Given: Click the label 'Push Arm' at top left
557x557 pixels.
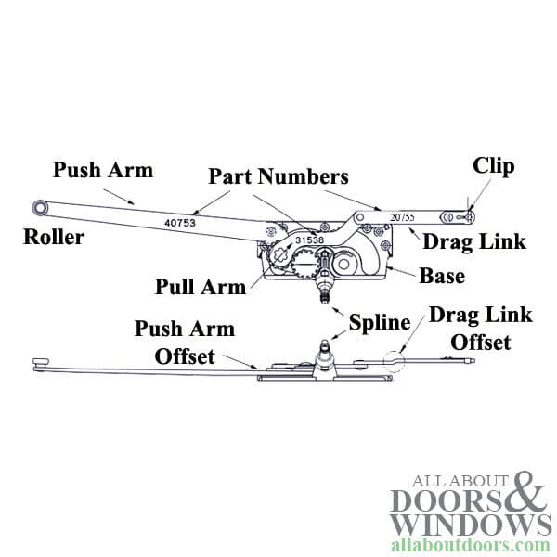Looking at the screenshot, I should pyautogui.click(x=102, y=171).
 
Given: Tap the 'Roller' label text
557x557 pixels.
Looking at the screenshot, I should pyautogui.click(x=54, y=238).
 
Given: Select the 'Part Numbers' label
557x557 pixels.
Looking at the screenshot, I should pyautogui.click(x=278, y=176).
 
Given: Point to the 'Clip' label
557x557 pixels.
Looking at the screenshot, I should pyautogui.click(x=493, y=166).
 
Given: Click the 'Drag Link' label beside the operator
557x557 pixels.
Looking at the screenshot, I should pyautogui.click(x=473, y=242).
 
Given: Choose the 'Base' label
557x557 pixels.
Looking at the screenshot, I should pyautogui.click(x=443, y=276).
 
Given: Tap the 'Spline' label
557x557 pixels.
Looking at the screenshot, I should pyautogui.click(x=380, y=323).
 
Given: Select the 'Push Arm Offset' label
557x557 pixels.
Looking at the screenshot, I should pyautogui.click(x=185, y=343).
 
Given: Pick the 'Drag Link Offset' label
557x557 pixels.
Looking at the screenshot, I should pyautogui.click(x=480, y=329).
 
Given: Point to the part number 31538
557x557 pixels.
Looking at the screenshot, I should pyautogui.click(x=308, y=239).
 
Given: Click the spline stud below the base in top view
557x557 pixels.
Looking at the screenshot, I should pyautogui.click(x=324, y=296).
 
